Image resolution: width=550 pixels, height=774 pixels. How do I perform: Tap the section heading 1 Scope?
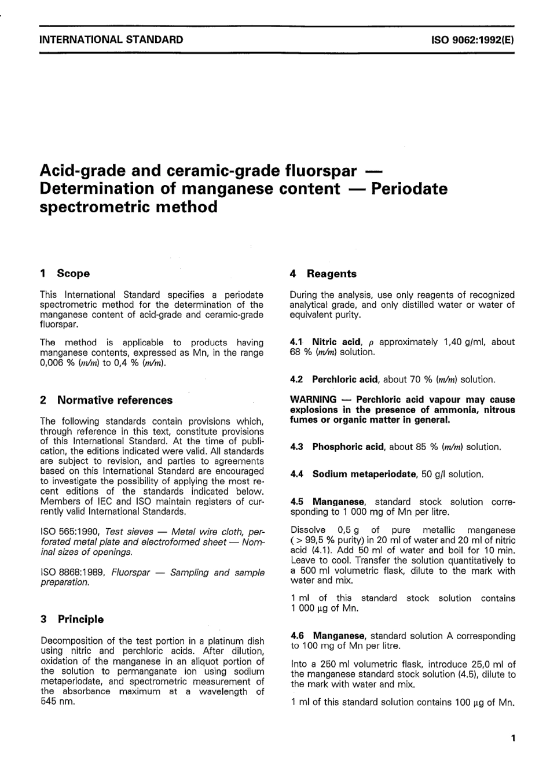tap(65, 273)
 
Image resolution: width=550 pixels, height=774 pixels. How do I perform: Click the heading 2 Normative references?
tap(106, 400)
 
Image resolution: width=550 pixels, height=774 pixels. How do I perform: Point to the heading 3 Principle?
tap(72, 619)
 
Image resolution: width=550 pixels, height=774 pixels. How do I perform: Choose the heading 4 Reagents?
tap(323, 274)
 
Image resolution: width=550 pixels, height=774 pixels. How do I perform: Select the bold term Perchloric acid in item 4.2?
tap(345, 379)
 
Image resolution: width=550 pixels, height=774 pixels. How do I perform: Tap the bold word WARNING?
tap(313, 400)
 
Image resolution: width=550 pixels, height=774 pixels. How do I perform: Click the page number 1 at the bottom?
tap(512, 738)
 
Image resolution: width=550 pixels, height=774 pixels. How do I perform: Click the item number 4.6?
tap(298, 636)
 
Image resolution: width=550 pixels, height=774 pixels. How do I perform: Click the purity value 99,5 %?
tap(318, 540)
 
